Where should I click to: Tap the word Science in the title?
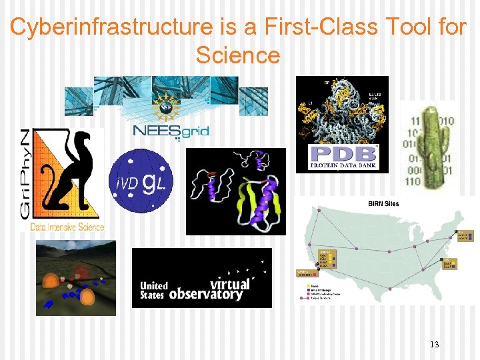(x=238, y=55)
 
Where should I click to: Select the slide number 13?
(x=435, y=344)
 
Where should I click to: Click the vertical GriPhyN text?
(x=24, y=175)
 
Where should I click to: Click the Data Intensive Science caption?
(x=67, y=227)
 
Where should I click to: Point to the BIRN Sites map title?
(x=383, y=203)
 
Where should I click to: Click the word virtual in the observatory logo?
(x=229, y=283)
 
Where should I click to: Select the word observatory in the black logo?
(x=206, y=294)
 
